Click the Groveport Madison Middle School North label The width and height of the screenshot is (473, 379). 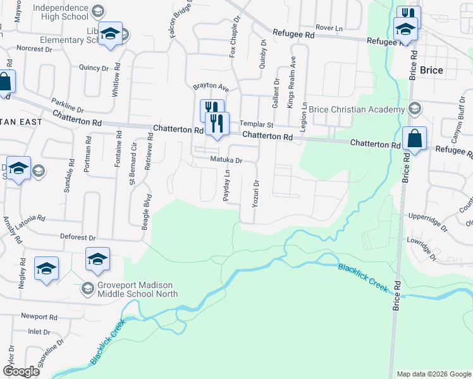coord(137,289)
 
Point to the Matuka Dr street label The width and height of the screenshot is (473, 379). coord(226,160)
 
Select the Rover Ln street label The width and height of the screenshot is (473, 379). coord(329,28)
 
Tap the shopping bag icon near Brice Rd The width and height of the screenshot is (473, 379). coord(414,139)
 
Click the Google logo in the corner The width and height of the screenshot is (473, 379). coord(21,372)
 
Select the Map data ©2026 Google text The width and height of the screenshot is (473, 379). coord(433,374)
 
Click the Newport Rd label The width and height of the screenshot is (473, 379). coord(39,316)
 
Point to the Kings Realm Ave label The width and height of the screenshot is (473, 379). coord(292,81)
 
